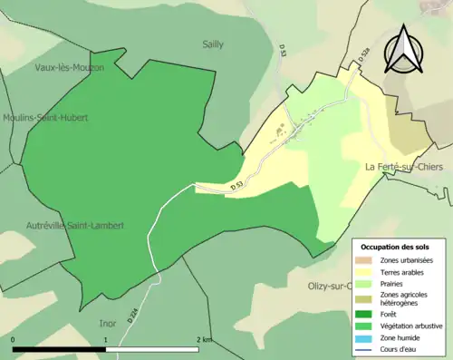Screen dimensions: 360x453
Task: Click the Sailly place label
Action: point(211,43)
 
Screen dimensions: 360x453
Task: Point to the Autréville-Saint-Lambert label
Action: point(74,225)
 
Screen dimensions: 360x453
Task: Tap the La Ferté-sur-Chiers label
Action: point(407,166)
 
